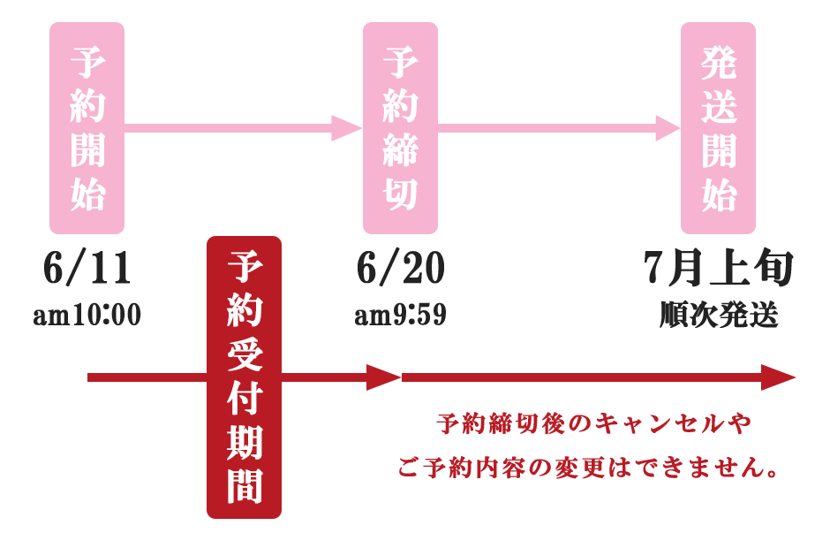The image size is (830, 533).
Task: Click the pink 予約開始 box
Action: (x=87, y=127)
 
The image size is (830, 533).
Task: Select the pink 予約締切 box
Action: (x=400, y=127)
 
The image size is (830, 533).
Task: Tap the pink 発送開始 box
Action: (x=718, y=127)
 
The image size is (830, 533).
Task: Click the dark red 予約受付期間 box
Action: (x=244, y=377)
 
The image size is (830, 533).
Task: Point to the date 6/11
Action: (x=87, y=268)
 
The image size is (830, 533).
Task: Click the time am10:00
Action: (x=87, y=314)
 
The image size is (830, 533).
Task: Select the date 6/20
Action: (x=400, y=268)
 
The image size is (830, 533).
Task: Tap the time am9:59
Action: (x=400, y=314)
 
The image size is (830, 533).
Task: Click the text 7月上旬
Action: (x=719, y=268)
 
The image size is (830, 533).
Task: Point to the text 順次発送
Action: (x=719, y=314)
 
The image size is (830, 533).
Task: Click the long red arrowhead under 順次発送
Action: (x=778, y=377)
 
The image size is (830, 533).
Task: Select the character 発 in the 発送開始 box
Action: (x=719, y=63)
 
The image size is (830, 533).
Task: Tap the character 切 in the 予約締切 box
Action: (x=401, y=193)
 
